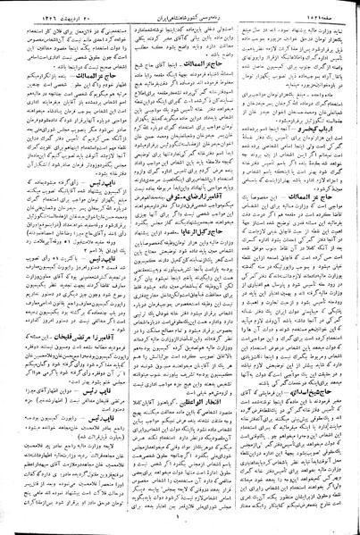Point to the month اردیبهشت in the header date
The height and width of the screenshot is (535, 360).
pos(67,7)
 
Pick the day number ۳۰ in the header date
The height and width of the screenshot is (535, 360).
pos(88,7)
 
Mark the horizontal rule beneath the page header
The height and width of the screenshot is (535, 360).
pos(180,15)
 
